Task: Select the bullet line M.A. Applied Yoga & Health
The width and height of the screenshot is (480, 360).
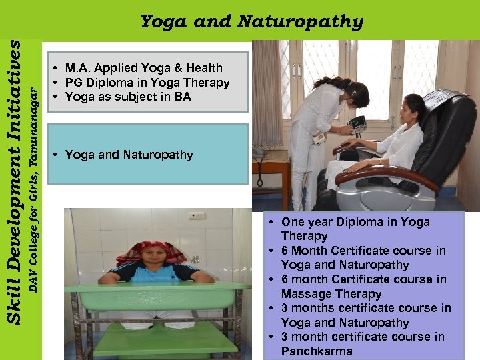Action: pos(143,68)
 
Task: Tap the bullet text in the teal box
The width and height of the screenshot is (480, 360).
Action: pos(129,155)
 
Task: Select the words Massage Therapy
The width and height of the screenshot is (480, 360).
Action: pos(331,294)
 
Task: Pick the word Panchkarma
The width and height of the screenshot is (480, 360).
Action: pos(317,351)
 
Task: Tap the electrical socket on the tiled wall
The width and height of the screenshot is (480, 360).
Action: pos(196,216)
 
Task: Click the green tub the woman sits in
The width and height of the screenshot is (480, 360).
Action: pos(157,297)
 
